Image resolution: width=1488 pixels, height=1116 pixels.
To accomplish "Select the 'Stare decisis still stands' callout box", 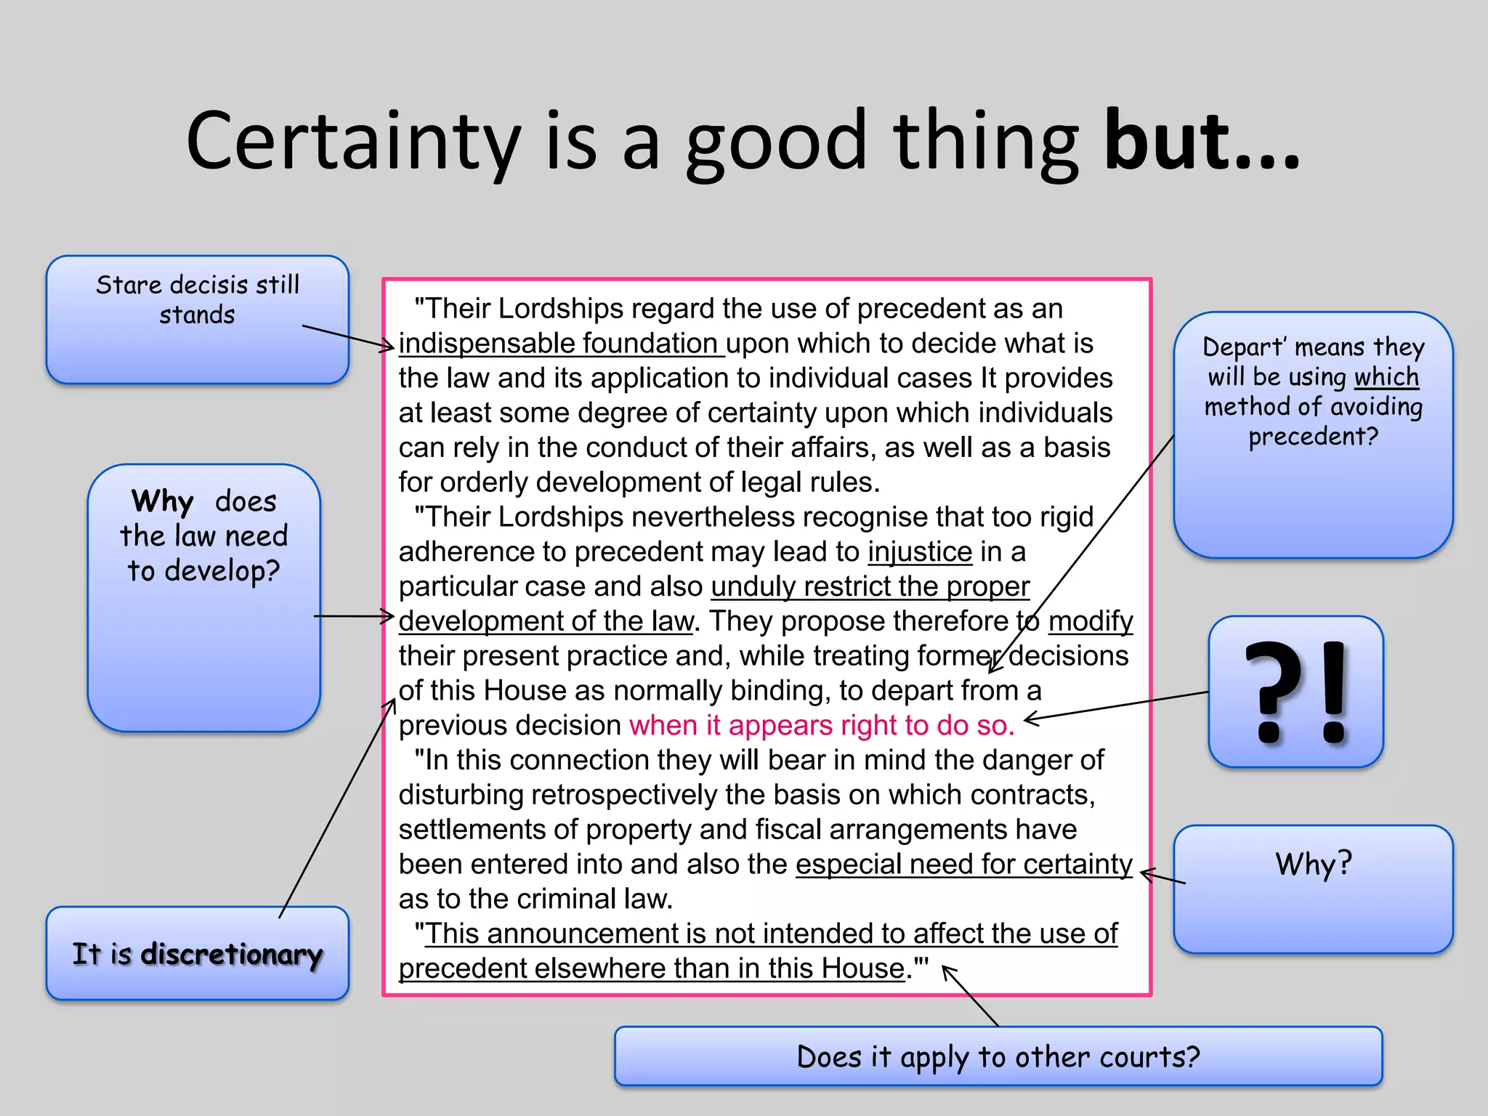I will [197, 319].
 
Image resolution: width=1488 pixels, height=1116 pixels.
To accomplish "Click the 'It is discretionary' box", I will [197, 953].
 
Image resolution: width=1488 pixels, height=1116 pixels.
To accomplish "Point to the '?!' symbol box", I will [1295, 691].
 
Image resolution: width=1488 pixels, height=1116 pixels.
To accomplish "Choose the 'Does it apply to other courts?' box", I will [998, 1056].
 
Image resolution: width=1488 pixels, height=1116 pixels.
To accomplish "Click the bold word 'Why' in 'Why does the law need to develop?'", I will [163, 501].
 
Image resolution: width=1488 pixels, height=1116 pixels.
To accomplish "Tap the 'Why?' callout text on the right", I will [1313, 864].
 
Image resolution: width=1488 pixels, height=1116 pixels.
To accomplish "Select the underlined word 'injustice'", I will [920, 552].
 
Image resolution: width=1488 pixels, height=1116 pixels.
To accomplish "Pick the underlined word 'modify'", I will [1090, 621].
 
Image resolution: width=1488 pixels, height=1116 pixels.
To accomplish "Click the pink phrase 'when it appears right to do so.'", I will [822, 725].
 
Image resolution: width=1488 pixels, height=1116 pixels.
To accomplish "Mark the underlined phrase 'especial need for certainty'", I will [963, 865].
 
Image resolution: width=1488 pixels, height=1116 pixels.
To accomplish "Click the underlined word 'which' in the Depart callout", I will [1386, 377].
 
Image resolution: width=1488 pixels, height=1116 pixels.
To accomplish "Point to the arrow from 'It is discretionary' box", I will [336, 806].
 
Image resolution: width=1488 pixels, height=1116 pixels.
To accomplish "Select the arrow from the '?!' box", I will [1116, 705].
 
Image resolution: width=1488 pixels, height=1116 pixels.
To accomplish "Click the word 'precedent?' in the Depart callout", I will [1313, 437].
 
